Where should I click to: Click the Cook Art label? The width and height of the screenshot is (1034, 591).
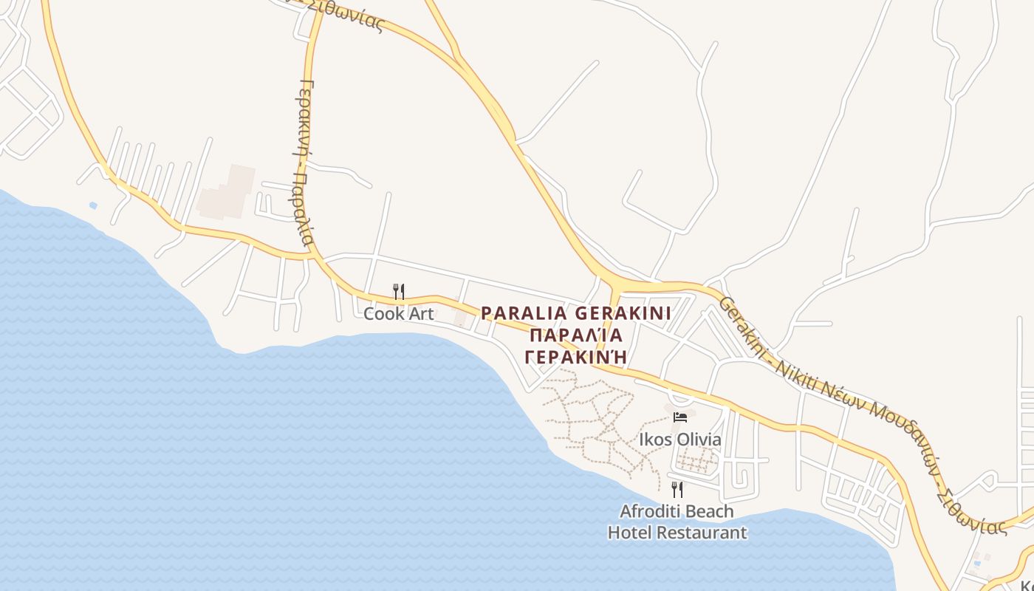pyautogui.click(x=398, y=314)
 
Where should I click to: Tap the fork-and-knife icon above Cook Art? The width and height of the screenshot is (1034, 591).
pyautogui.click(x=398, y=291)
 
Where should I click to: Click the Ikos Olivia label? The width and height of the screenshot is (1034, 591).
pyautogui.click(x=679, y=440)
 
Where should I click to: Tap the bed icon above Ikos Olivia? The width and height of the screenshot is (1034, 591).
pyautogui.click(x=680, y=417)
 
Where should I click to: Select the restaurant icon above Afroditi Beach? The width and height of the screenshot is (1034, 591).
pyautogui.click(x=677, y=489)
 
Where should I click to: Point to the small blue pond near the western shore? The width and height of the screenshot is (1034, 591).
pyautogui.click(x=92, y=205)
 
